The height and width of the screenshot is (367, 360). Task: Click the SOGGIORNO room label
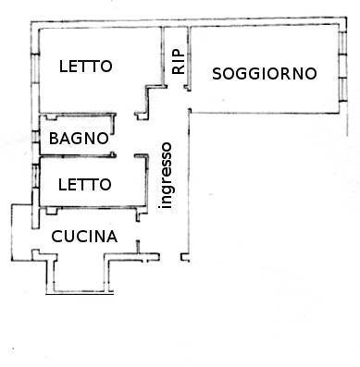click(x=265, y=74)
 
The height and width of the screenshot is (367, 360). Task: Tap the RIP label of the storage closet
click(x=179, y=62)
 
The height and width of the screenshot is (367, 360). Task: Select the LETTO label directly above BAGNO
click(x=85, y=67)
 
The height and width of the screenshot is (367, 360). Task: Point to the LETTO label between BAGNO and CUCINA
click(x=85, y=185)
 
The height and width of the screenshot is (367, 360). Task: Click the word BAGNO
click(x=79, y=139)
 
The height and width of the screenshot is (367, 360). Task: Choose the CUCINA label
click(x=84, y=237)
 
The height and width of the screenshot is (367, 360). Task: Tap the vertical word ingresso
click(x=167, y=176)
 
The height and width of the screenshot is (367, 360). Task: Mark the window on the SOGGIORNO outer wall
click(x=342, y=66)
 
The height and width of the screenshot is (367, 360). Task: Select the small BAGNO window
click(x=36, y=137)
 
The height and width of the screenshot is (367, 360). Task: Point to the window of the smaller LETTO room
click(x=36, y=176)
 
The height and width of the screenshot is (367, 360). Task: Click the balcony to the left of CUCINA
click(x=21, y=232)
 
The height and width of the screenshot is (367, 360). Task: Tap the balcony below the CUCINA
click(x=81, y=275)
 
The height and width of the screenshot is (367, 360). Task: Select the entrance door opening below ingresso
click(x=170, y=257)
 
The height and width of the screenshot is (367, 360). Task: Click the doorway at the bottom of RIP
click(x=176, y=87)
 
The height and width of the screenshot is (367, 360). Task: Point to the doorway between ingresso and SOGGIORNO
click(x=189, y=100)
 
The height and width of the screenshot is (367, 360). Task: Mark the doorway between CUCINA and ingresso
click(x=138, y=231)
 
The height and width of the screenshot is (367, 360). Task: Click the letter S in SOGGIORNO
click(x=217, y=74)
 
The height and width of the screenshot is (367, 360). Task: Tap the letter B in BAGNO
click(x=54, y=139)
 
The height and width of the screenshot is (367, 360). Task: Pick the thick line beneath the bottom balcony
click(x=80, y=294)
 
